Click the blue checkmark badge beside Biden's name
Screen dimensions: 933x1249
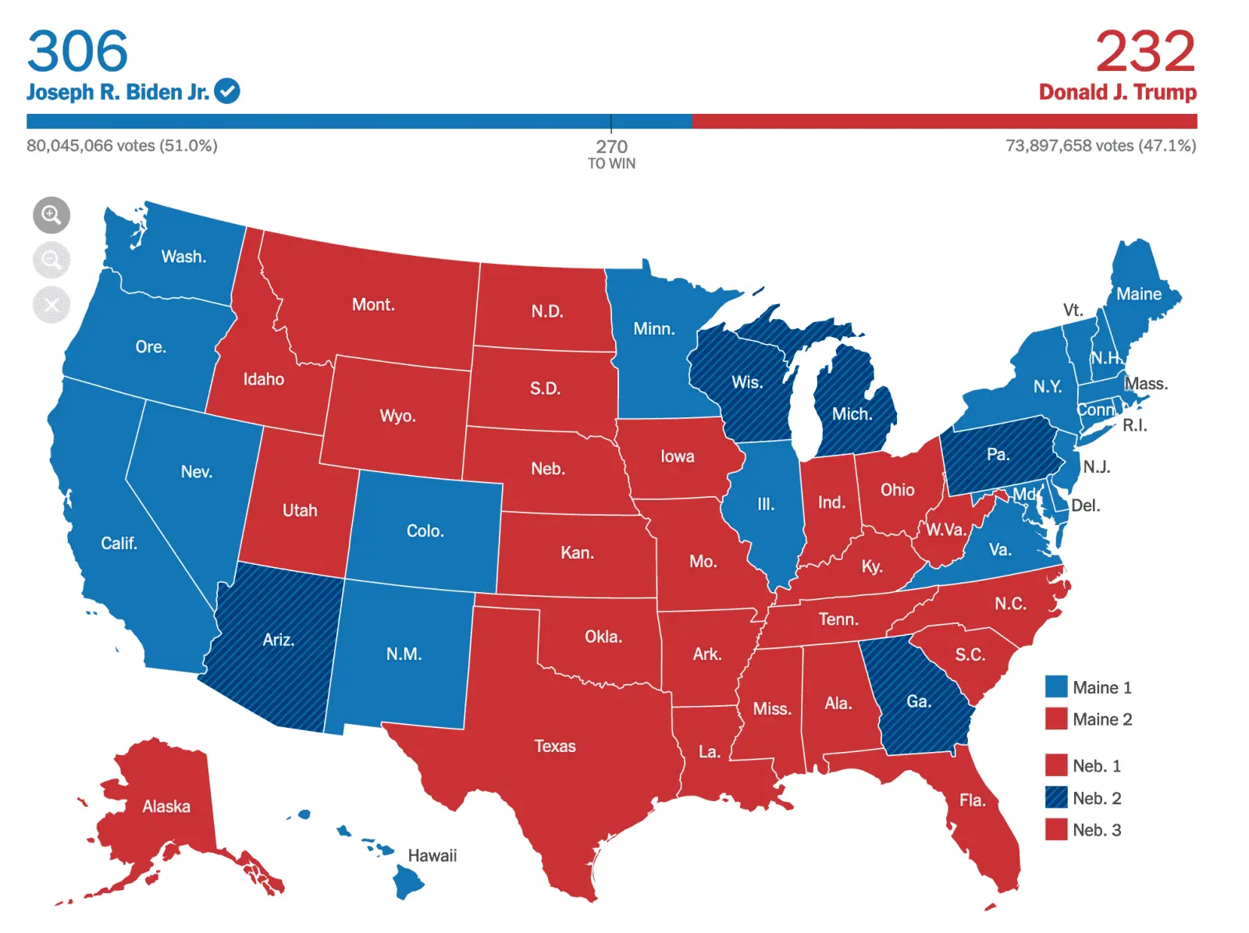click(x=227, y=91)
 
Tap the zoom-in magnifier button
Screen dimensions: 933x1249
click(x=52, y=215)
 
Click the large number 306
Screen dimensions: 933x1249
click(x=77, y=51)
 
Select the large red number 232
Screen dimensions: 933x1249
click(x=1144, y=51)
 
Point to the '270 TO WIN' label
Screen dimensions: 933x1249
click(x=611, y=154)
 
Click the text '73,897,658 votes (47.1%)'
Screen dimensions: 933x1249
click(x=1100, y=146)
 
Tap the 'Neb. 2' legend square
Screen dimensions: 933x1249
click(x=1056, y=797)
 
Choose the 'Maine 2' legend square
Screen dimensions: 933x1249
click(x=1056, y=718)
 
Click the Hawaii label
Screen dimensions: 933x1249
click(x=432, y=856)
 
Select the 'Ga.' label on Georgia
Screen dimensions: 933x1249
click(x=918, y=701)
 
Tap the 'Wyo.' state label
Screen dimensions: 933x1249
click(x=397, y=415)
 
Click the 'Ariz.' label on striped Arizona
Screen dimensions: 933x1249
click(x=278, y=640)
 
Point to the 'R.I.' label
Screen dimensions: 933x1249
click(x=1134, y=425)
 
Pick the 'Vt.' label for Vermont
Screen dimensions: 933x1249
click(x=1073, y=310)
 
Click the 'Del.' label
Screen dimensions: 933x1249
click(x=1085, y=506)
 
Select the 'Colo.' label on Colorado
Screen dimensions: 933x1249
click(x=425, y=530)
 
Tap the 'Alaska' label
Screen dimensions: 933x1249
click(x=165, y=806)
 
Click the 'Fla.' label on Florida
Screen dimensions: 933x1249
click(x=972, y=800)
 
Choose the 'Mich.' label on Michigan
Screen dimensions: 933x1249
click(x=852, y=413)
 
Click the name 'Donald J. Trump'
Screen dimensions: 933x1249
click(x=1117, y=92)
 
